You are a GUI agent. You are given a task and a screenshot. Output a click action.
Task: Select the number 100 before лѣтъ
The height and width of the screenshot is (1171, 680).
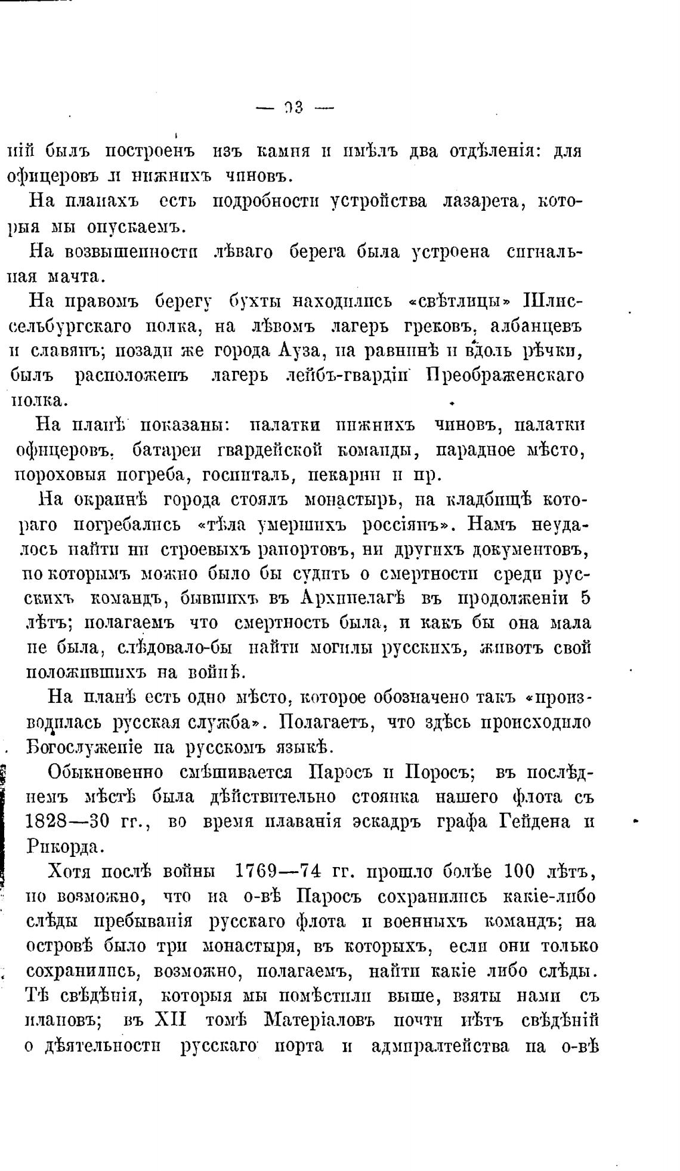[524, 872]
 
